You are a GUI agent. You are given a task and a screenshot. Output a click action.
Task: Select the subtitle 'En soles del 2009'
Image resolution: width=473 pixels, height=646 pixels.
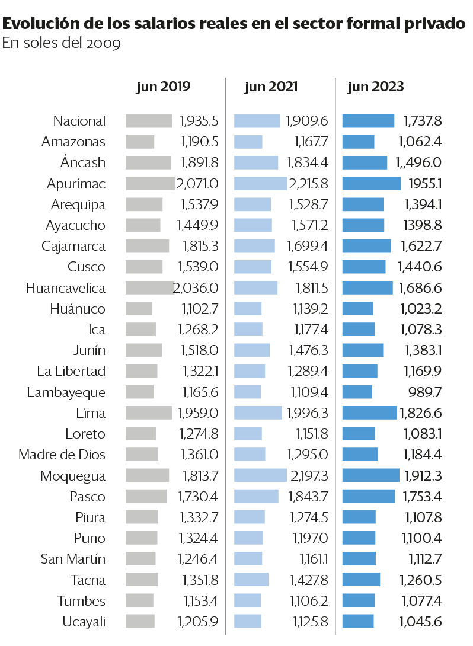coord(62,44)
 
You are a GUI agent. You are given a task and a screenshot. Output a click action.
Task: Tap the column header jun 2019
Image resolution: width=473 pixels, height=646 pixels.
coord(163,87)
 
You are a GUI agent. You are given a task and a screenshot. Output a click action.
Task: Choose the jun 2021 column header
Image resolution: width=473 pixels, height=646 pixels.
coord(271,87)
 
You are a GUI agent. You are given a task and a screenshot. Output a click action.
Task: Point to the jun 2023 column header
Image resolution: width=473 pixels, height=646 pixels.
coord(376,87)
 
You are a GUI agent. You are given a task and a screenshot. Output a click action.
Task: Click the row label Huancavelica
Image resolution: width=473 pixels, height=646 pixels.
coord(66,288)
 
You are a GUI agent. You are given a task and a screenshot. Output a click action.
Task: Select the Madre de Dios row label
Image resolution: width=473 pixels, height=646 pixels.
coord(62,455)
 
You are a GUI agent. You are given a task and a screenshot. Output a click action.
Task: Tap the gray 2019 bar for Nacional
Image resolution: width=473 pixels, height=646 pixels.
coord(148,121)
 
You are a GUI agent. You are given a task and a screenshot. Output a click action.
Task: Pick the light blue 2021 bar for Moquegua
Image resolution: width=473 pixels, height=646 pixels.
coord(260,475)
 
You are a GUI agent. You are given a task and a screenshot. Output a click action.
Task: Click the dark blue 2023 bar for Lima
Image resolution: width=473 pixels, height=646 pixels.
coord(369,412)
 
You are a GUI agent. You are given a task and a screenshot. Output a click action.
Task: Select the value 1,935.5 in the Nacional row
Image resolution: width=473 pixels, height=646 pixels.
coord(199,121)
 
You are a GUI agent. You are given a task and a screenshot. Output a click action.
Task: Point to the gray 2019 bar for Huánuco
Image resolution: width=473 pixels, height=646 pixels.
coord(139,309)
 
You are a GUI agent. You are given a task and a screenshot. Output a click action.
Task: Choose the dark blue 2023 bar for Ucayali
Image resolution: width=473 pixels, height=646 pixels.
coord(358,621)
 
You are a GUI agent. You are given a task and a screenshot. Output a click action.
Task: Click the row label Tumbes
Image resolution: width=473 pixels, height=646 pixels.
coord(81,600)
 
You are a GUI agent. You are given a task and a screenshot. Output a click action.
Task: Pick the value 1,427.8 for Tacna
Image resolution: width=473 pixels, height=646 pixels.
coord(309,580)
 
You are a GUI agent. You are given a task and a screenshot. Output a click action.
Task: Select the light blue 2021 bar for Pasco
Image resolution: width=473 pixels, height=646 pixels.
coord(256,496)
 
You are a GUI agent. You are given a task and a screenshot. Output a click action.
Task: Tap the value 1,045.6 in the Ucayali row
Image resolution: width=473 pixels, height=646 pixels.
coord(420,621)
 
